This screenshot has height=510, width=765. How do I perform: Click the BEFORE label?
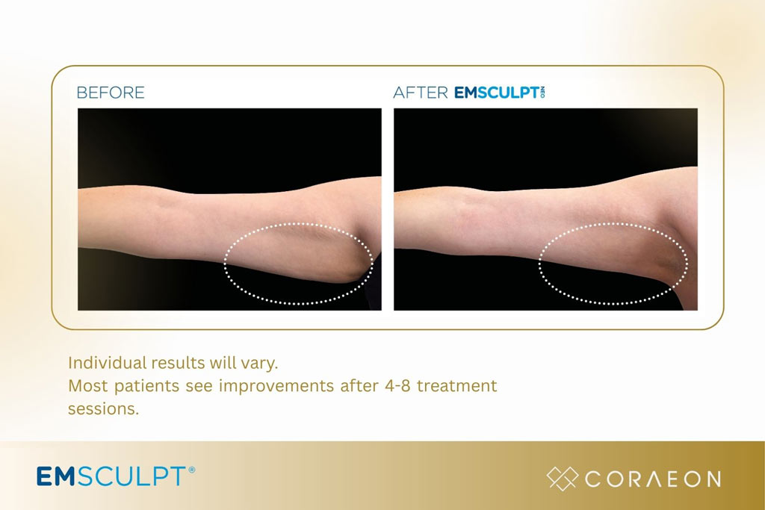pos(111,93)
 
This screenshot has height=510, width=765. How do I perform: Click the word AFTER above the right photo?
pos(421,93)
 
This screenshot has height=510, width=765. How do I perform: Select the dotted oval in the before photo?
pos(298,264)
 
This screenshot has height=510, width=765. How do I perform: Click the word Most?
pos(86,386)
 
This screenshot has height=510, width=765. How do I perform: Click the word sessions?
pos(103,409)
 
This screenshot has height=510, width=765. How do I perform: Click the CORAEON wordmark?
pos(653,479)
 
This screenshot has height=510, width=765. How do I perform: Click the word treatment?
pos(456,386)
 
